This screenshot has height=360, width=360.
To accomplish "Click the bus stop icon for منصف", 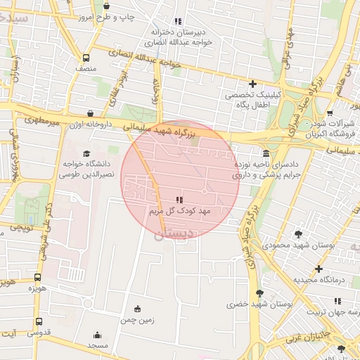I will point(86,58).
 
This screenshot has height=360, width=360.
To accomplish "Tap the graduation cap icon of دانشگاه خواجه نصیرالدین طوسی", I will point(86,153).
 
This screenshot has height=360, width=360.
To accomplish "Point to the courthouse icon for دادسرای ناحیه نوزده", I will point(266,153).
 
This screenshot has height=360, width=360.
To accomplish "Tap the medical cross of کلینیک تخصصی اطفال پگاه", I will point(252,84).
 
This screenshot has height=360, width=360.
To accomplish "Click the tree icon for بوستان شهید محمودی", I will point(299,234).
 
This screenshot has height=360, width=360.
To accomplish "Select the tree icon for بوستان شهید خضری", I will point(260,293).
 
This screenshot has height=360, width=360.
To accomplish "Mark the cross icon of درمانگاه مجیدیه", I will point(319,269).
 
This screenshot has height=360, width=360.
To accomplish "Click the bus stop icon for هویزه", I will point(37,277).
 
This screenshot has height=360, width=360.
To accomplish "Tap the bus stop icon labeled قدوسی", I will point(37,322).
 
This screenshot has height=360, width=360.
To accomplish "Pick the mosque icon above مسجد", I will point(97,335).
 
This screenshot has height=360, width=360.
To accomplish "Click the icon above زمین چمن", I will point(136,308).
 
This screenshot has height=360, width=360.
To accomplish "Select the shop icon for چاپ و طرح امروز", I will point(106,6).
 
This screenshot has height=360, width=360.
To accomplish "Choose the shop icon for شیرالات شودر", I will point(330,112).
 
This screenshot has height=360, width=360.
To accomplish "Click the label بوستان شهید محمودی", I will point(290,246).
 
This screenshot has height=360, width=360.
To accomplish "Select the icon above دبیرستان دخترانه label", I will point(177,21).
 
